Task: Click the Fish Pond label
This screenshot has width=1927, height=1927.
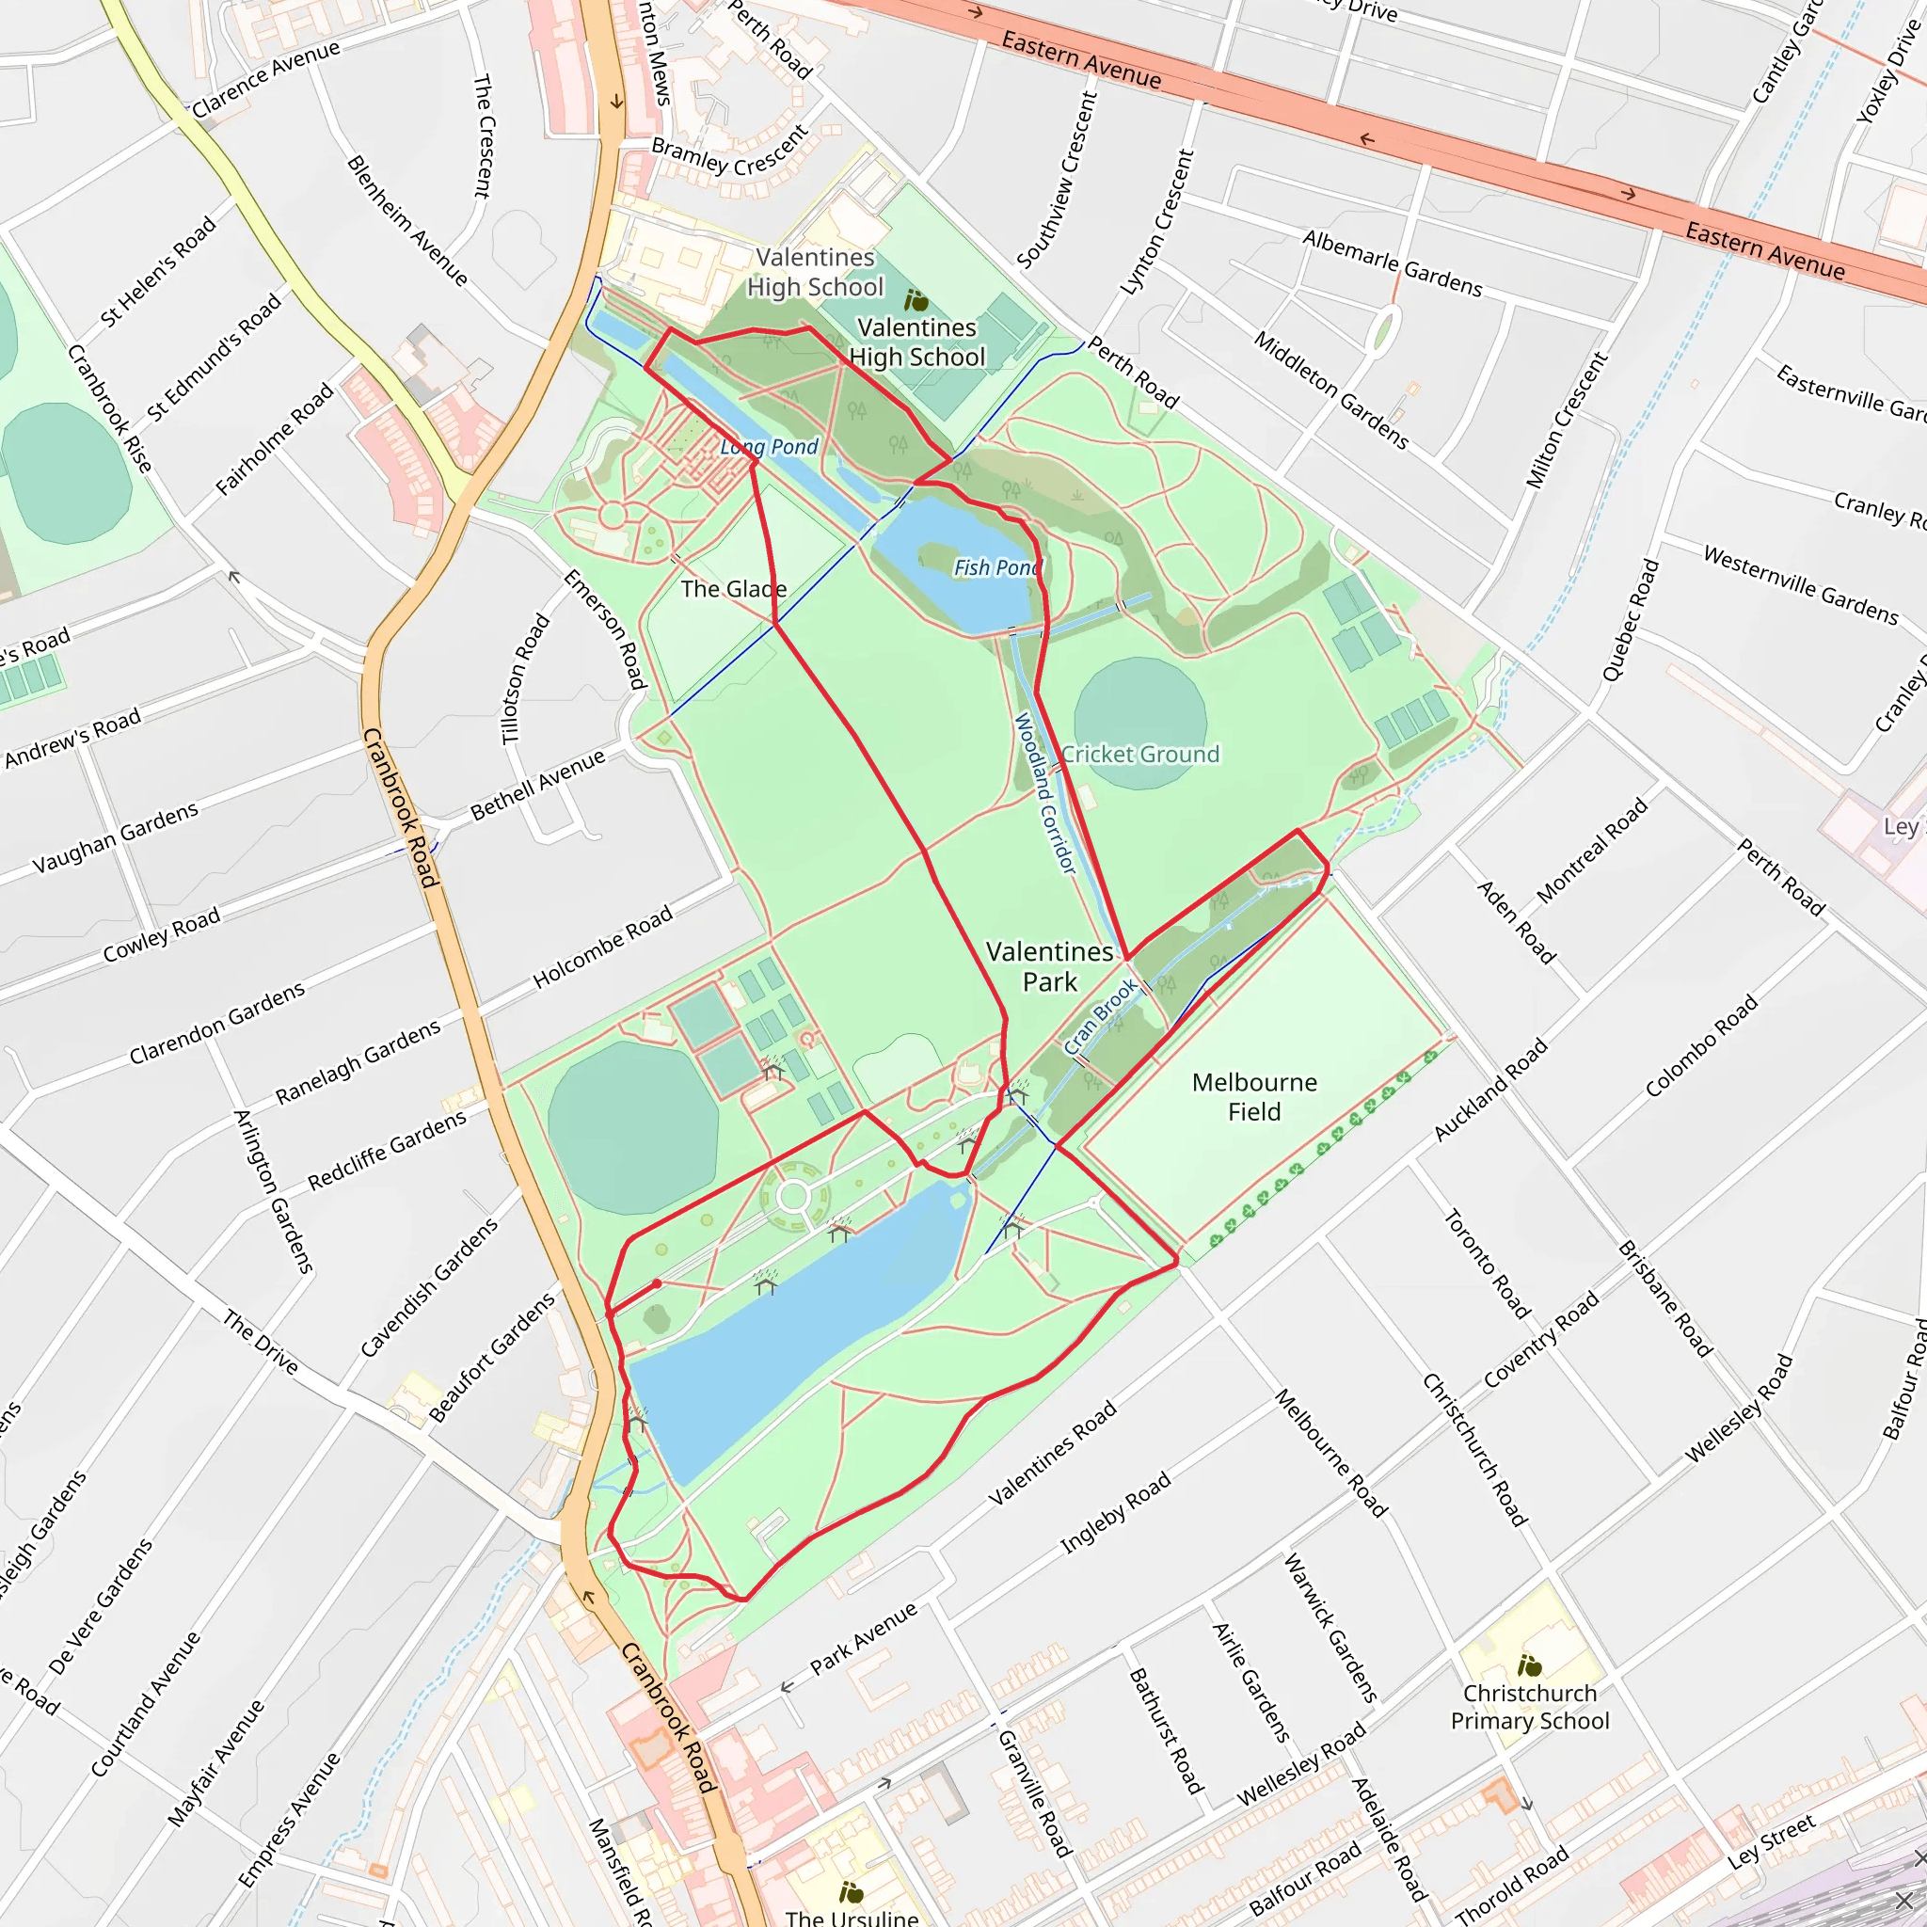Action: [996, 567]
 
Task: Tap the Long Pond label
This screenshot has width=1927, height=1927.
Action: [769, 447]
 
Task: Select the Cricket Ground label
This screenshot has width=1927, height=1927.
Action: [1140, 754]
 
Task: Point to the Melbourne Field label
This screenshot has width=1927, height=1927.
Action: [1253, 1096]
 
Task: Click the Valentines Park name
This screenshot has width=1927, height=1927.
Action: [1049, 966]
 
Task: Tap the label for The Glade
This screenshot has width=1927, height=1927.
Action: [733, 588]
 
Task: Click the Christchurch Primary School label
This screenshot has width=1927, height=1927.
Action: [1530, 1707]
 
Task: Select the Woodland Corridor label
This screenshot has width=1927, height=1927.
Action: [1045, 793]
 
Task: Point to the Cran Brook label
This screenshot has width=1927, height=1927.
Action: [1100, 1016]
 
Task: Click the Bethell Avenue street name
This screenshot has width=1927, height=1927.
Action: [537, 784]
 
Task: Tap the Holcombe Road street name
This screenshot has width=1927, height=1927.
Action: [602, 947]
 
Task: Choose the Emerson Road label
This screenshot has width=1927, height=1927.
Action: [605, 629]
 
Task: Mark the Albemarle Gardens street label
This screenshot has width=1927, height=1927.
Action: [1393, 263]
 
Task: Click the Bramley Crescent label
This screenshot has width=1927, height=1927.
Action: [730, 151]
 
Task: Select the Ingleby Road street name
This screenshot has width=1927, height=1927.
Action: [1115, 1512]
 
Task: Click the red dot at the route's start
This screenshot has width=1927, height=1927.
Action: [657, 1283]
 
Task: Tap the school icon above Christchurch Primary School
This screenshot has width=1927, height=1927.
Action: [1529, 1664]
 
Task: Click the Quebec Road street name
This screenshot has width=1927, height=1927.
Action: [1631, 620]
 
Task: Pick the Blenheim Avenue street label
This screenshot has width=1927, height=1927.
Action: [406, 220]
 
